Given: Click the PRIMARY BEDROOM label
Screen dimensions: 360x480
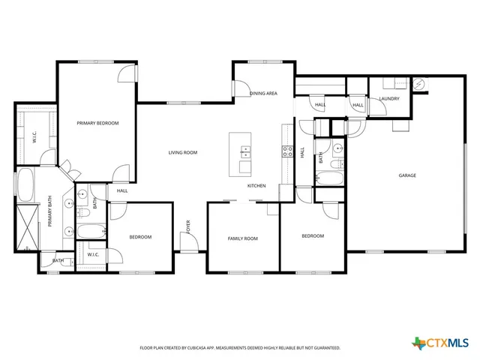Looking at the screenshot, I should pos(97,123).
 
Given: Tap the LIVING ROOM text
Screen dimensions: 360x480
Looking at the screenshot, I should pos(182,152).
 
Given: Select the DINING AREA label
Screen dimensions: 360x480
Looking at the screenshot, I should pos(263,93).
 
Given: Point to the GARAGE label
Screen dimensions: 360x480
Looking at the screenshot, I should pos(407,175).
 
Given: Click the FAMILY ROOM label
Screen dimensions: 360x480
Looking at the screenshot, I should pos(242,238).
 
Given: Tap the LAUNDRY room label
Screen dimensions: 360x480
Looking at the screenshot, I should pos(388,98).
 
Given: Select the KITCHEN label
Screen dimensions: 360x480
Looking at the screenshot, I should pos(257,185).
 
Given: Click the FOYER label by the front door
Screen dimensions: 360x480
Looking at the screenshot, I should pos(188,226).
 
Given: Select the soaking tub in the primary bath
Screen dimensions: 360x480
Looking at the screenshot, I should pos(24,185).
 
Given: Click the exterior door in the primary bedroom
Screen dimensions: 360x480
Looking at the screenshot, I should pos(127,73).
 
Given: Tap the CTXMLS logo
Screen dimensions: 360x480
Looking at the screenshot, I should pos(439,343).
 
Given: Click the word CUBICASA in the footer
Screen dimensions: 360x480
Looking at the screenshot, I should pos(194,348).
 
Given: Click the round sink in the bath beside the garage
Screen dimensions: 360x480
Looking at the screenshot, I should pos(338,148).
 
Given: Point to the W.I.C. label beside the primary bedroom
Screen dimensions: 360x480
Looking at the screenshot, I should pos(33,137).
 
